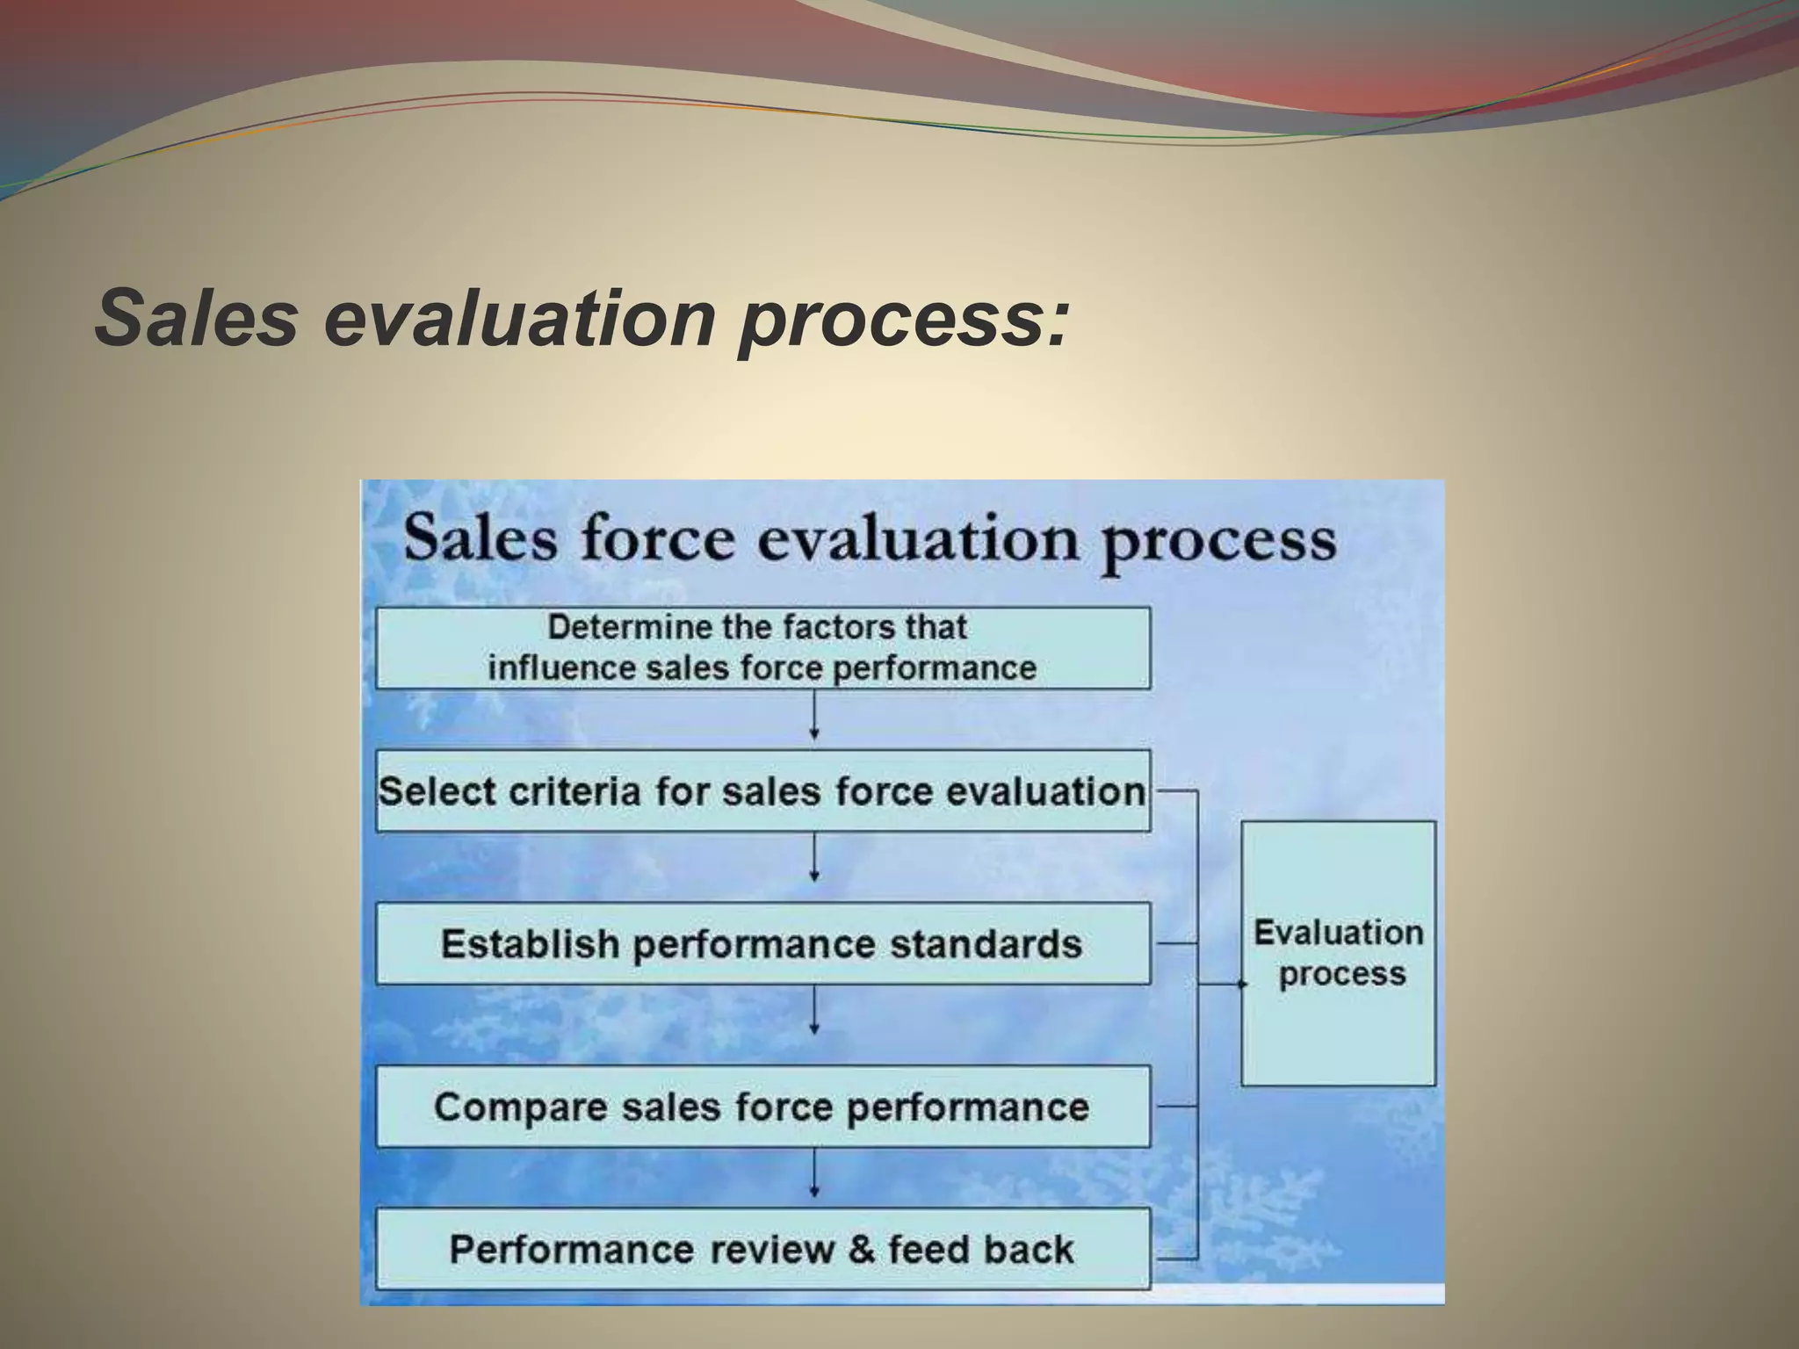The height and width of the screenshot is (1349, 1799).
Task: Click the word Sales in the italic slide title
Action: pos(197,317)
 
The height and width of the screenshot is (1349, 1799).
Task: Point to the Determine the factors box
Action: pos(762,648)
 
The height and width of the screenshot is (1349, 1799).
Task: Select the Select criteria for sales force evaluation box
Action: pos(762,791)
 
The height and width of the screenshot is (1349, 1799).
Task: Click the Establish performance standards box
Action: pos(762,944)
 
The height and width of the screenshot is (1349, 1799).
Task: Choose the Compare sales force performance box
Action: pos(762,1107)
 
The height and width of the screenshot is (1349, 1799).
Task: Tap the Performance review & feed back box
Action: pos(762,1249)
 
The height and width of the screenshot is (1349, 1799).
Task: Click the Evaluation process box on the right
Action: pos(1338,954)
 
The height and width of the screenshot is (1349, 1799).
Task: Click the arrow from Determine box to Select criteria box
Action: pos(814,717)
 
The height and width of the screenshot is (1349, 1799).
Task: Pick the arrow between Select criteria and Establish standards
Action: pos(814,858)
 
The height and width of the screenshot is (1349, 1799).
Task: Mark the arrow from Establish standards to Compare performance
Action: pos(814,1010)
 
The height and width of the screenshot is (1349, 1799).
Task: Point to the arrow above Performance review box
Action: pos(814,1174)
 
